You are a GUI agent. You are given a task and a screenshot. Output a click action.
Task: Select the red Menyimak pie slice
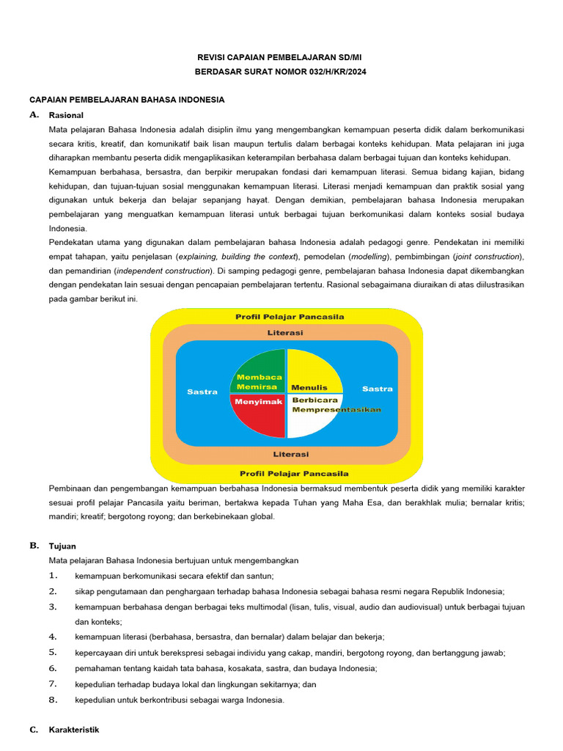click(260, 414)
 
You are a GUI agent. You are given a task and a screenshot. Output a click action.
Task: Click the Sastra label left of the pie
click(202, 392)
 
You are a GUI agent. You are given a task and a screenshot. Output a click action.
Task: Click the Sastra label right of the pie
click(378, 389)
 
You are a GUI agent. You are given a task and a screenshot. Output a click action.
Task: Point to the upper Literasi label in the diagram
click(287, 332)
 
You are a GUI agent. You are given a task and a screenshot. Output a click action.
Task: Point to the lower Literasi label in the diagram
click(291, 454)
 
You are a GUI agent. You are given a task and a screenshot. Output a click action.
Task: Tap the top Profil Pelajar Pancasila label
click(290, 317)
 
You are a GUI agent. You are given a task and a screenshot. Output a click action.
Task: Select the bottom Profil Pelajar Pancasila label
click(293, 473)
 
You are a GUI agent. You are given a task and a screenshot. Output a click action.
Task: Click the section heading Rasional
click(66, 115)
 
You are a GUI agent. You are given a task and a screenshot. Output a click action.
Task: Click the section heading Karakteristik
click(73, 730)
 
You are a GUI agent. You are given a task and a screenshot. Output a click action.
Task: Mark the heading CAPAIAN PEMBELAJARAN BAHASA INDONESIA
click(126, 99)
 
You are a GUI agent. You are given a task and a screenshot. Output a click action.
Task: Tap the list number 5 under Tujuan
click(53, 653)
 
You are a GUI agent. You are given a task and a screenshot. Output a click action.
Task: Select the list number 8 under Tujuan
click(53, 700)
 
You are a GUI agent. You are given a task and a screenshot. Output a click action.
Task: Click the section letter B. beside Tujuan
click(34, 546)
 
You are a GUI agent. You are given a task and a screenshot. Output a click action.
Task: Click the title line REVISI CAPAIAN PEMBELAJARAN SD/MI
click(281, 57)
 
